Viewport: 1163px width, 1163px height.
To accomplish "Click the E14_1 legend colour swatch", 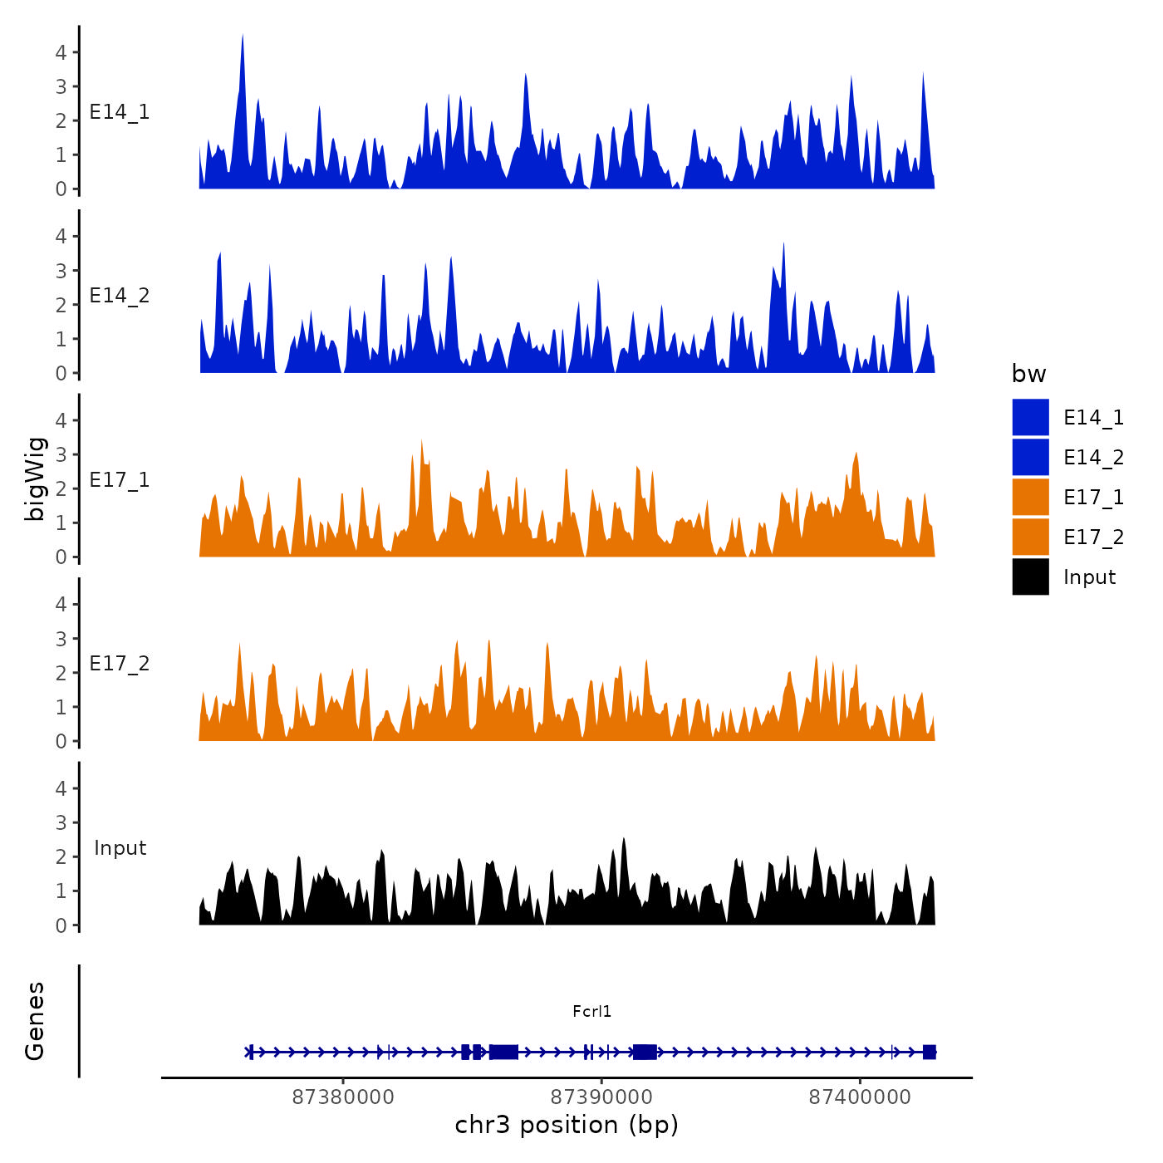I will pos(1030,417).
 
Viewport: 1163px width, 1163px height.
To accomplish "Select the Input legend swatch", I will pos(1030,577).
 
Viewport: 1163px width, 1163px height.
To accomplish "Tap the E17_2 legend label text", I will pos(1093,537).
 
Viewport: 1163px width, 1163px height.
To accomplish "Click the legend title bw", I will pos(1028,374).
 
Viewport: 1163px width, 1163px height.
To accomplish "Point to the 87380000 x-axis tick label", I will pos(343,1097).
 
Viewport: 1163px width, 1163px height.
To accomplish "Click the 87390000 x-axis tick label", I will pos(601,1097).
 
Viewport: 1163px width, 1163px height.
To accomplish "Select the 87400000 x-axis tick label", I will pos(860,1097).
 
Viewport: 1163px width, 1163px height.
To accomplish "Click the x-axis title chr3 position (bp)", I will pos(567,1125).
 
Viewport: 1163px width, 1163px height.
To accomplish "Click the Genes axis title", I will pos(35,1021).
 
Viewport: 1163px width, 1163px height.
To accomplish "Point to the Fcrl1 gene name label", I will pos(591,1011).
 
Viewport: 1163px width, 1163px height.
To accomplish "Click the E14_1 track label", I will pos(120,112).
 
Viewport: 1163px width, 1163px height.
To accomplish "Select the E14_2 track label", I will pos(120,296).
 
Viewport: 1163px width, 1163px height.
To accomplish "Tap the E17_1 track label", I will pos(120,480).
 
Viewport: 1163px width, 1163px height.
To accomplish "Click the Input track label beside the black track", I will pos(120,848).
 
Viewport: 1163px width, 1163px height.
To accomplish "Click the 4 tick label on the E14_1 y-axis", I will pos(61,52).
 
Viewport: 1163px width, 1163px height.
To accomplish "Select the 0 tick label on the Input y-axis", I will pos(61,925).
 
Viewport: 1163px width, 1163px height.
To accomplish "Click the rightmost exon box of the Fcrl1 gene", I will pos(929,1052).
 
